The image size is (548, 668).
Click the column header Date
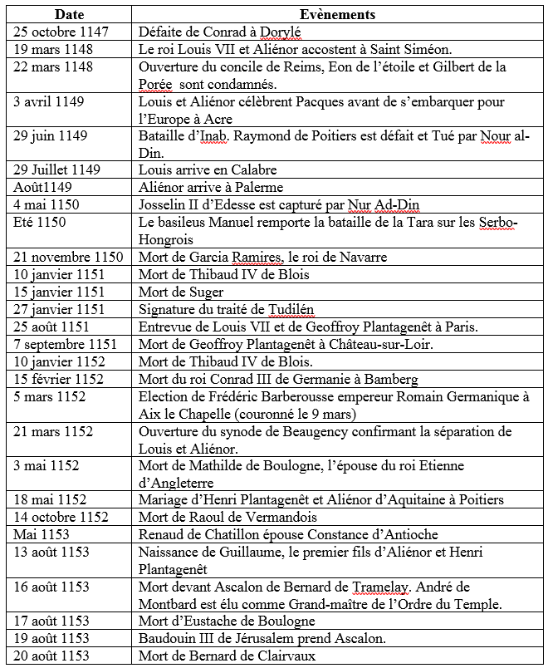coord(70,14)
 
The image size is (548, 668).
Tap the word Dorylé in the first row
coord(277,32)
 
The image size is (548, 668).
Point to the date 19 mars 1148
coord(52,49)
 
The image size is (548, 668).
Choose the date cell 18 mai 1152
coord(49,499)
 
